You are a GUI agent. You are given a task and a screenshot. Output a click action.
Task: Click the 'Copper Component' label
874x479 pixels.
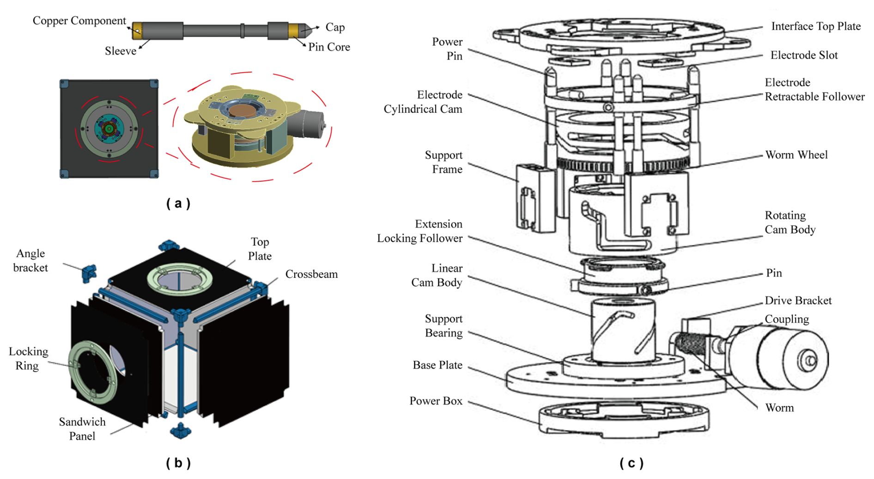pos(79,21)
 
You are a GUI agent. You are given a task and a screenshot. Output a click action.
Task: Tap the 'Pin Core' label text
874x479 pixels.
pos(329,47)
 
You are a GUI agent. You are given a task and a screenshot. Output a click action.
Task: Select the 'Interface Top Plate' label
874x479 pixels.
pos(816,26)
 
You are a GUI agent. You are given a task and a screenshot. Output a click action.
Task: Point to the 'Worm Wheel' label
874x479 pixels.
pos(796,155)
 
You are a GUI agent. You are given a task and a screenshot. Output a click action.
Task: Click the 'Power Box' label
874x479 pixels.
pos(436,401)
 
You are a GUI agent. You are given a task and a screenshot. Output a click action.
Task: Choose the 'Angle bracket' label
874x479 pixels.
pos(30,260)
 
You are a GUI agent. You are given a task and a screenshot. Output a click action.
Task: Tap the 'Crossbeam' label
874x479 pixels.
pos(311,274)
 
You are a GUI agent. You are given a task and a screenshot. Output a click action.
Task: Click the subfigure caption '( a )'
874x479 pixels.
pos(178,203)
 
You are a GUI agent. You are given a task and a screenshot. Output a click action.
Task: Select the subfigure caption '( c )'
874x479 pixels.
pos(631,463)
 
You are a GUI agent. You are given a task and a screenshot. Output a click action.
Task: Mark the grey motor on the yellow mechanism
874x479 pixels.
pos(306,124)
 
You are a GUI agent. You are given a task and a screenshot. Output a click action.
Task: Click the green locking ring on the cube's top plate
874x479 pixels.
pos(180,279)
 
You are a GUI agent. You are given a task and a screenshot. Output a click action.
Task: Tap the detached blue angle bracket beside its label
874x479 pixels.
pos(89,273)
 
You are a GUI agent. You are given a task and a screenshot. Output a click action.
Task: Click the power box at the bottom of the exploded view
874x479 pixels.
pos(624,418)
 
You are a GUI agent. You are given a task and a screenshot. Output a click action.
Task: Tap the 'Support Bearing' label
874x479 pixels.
pos(443,326)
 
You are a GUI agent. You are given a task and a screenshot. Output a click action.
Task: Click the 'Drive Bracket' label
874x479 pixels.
pos(798,301)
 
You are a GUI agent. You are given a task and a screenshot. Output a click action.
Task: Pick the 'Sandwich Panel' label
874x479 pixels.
pos(82,429)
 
